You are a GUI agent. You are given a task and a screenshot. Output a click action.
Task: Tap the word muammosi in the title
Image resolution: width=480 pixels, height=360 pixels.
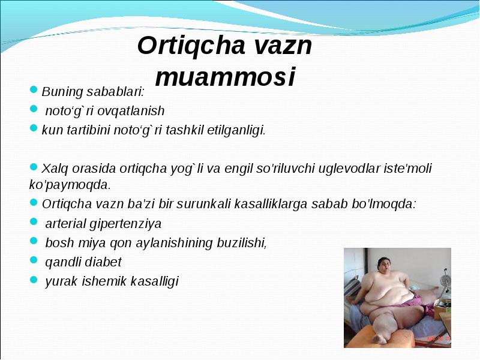[226, 77]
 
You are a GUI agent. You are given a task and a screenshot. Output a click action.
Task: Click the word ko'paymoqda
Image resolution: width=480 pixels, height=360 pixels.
[70, 185]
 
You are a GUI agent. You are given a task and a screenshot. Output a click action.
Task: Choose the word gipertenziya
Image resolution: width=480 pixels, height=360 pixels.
[125, 224]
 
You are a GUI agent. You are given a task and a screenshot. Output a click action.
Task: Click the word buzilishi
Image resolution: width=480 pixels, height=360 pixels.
[242, 243]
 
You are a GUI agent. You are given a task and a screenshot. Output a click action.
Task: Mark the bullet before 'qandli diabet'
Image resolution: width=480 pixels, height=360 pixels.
[34, 260]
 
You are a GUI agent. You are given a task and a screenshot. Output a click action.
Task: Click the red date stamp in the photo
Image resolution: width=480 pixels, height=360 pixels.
[439, 338]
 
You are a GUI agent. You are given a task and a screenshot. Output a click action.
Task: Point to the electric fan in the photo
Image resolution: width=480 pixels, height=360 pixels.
[445, 280]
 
